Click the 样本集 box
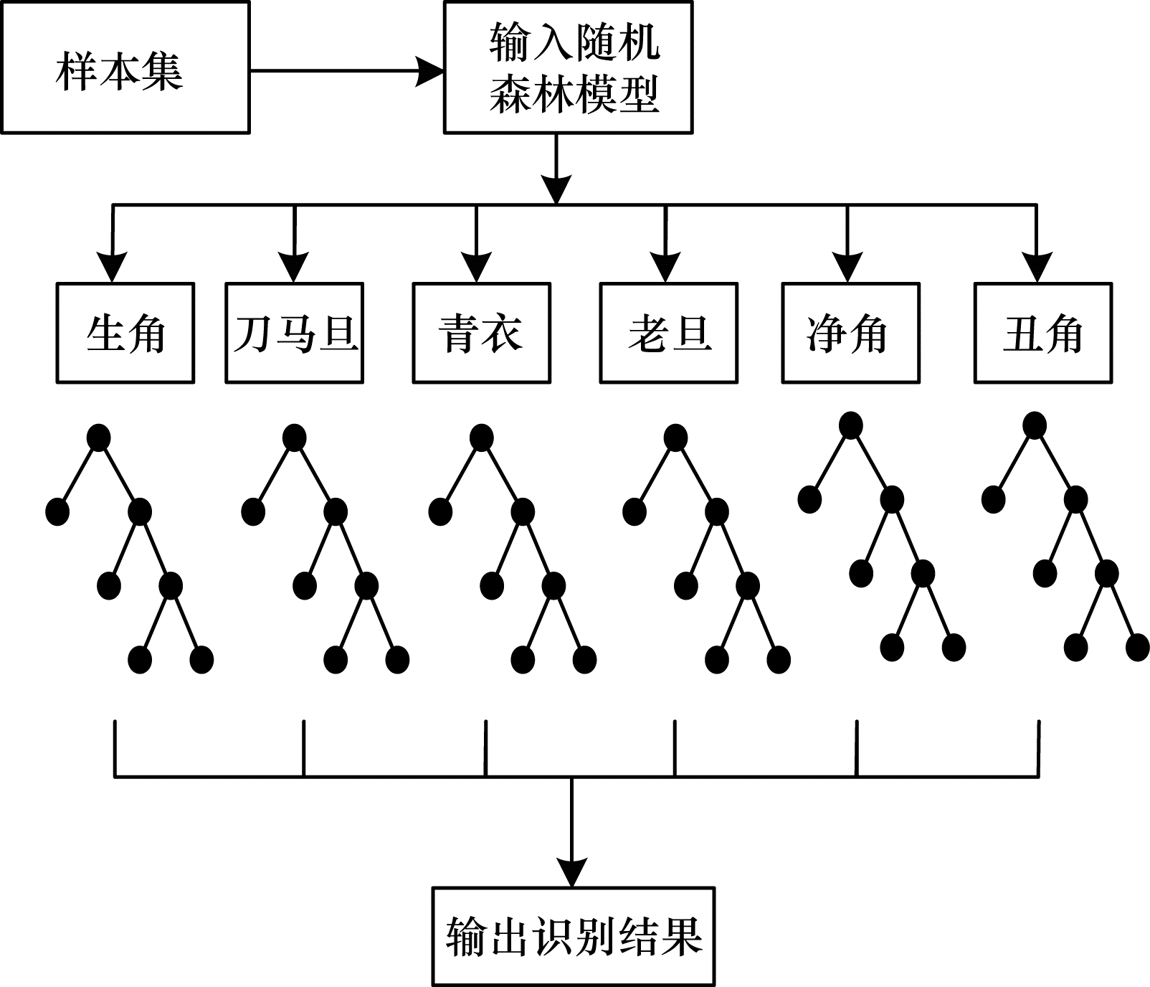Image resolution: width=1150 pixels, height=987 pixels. [x=125, y=68]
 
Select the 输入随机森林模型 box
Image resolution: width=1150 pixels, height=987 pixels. [x=569, y=68]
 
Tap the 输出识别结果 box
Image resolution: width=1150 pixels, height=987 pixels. [x=574, y=936]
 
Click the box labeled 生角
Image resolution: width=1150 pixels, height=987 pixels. [x=125, y=333]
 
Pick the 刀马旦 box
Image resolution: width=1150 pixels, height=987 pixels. [x=295, y=333]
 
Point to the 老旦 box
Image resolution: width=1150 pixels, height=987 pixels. [x=669, y=333]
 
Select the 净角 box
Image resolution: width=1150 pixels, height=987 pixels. [x=850, y=333]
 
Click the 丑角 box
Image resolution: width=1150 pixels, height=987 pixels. [x=1043, y=333]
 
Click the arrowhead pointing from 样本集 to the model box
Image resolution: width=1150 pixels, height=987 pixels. [x=430, y=71]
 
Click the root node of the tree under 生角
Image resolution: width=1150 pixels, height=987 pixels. [x=98, y=438]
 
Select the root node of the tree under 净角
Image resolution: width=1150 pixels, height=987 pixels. [x=850, y=425]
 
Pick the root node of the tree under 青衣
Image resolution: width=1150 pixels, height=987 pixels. [x=482, y=438]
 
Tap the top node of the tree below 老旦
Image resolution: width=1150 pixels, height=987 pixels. [x=675, y=438]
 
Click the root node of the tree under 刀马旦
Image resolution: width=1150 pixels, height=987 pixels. [x=295, y=438]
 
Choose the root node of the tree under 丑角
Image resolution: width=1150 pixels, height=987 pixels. [x=1035, y=425]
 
